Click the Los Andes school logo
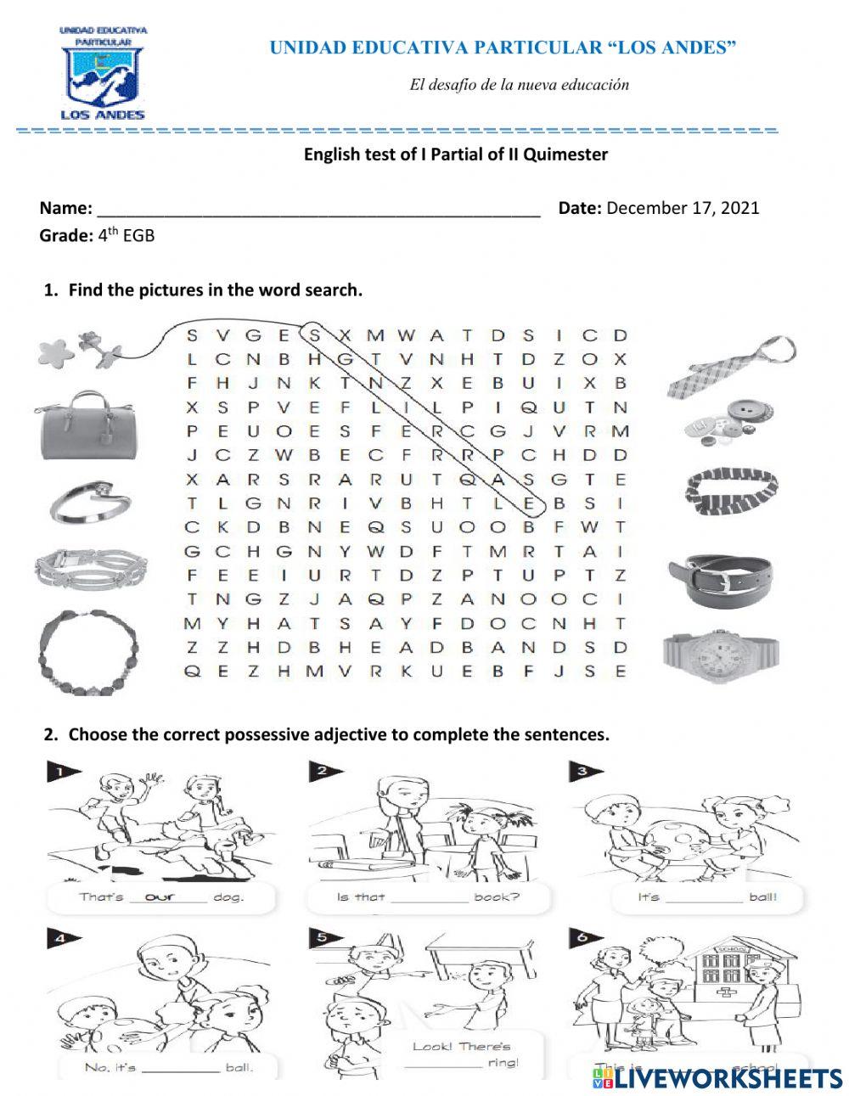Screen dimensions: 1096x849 (x=103, y=73)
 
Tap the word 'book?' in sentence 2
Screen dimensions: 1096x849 (x=497, y=897)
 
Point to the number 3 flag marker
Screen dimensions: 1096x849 (x=586, y=772)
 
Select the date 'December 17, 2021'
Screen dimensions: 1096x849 (x=683, y=208)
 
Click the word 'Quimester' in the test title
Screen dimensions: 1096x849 (x=565, y=155)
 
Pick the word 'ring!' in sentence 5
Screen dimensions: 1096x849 (x=503, y=1063)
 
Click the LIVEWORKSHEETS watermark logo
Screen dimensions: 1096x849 (x=717, y=1078)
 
